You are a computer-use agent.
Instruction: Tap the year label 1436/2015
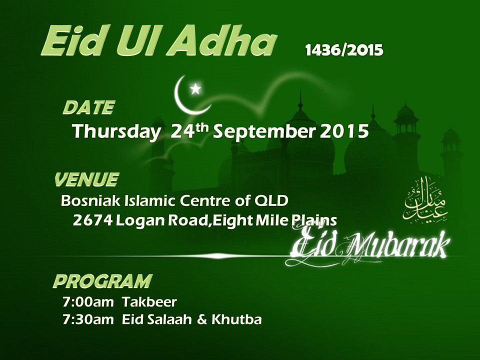[x=344, y=50]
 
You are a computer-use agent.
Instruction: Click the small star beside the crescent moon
[x=195, y=89]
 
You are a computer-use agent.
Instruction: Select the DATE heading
[x=89, y=107]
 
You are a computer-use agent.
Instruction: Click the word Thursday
[x=116, y=132]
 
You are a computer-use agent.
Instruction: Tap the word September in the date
[x=264, y=132]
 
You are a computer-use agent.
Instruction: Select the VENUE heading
[x=86, y=179]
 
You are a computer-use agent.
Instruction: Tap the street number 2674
[x=92, y=220]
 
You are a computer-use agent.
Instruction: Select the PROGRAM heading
[x=103, y=281]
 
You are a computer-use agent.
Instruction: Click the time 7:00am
[x=88, y=302]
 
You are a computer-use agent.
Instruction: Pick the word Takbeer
[x=149, y=302]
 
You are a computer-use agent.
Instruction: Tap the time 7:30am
[x=88, y=319]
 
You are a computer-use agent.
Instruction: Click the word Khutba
[x=236, y=319]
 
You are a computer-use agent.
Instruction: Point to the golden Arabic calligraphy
[x=425, y=200]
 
